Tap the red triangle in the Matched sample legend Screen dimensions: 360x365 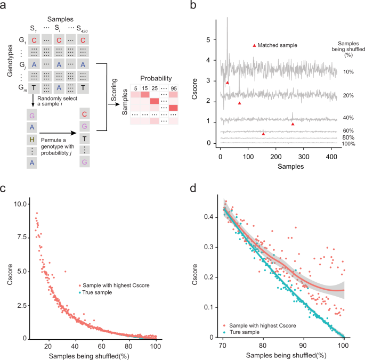(x=254, y=46)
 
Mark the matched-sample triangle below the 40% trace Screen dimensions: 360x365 (x=293, y=124)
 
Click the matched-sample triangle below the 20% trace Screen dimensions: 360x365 (x=239, y=103)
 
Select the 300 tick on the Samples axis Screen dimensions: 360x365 (x=303, y=157)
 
